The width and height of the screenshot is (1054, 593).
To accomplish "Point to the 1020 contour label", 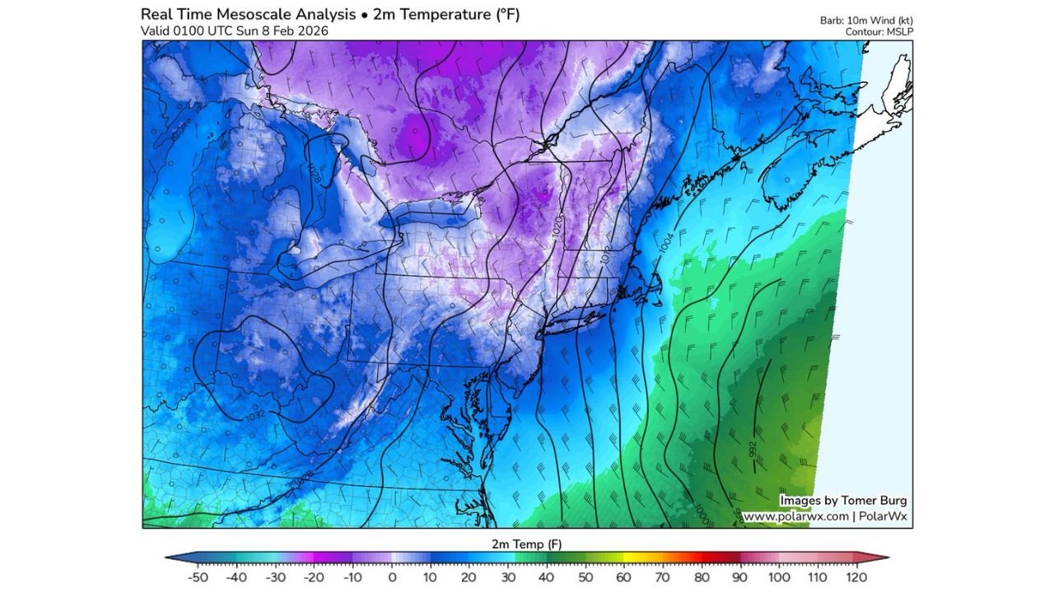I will [557, 228].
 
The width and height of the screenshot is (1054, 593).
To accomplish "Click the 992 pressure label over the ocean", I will [753, 450].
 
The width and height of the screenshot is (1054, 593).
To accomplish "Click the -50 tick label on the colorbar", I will [198, 577].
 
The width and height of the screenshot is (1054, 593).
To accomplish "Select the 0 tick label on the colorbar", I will [392, 577].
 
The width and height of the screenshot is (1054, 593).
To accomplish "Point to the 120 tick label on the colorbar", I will [856, 577].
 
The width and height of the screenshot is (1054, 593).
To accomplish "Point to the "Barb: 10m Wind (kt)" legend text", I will [866, 21].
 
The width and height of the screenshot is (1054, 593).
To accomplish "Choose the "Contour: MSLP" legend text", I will [879, 32].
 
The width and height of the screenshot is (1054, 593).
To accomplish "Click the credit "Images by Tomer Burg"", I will [843, 500].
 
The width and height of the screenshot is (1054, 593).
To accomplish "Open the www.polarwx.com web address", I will [795, 516].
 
